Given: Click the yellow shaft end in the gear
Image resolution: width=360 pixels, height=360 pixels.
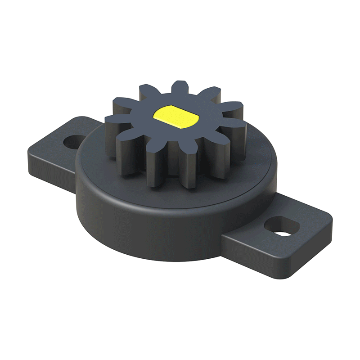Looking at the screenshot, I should point(175,115).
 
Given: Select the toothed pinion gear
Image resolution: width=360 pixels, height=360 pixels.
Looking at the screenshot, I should point(175,130).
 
